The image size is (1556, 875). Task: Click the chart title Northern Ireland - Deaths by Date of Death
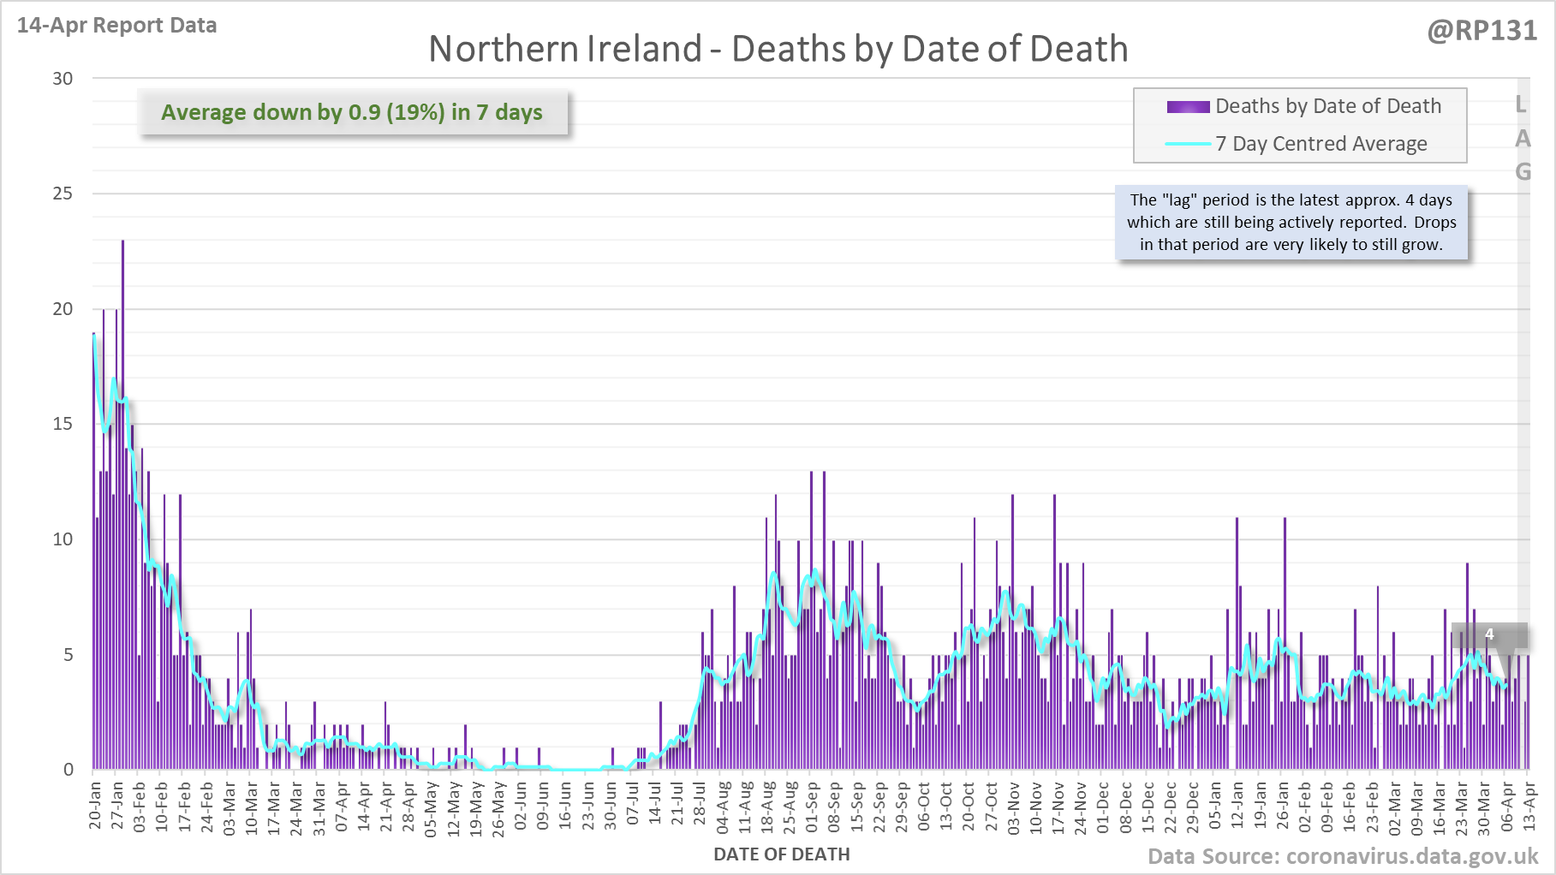coord(778,49)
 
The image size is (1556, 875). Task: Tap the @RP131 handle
coord(1481,31)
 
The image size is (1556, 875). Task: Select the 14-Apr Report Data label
coord(116,26)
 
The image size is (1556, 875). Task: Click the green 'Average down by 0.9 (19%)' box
coord(352,112)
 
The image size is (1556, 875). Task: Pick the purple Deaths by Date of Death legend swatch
coord(1188,107)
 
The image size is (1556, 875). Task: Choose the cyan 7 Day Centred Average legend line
coord(1188,144)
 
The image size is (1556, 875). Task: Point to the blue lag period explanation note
coord(1291,223)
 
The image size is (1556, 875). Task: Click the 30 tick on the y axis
coord(63,79)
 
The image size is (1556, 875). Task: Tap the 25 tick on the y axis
coord(63,193)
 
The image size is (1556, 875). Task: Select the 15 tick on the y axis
coord(63,424)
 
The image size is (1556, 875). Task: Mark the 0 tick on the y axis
coord(69,770)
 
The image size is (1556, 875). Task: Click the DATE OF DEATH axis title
coord(781,854)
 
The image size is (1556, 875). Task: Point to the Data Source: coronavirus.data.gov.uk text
coord(1342,857)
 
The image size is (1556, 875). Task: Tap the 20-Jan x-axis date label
coord(95,805)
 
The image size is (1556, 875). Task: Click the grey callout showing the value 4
coord(1489,634)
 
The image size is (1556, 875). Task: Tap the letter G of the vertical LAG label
coord(1523,172)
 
